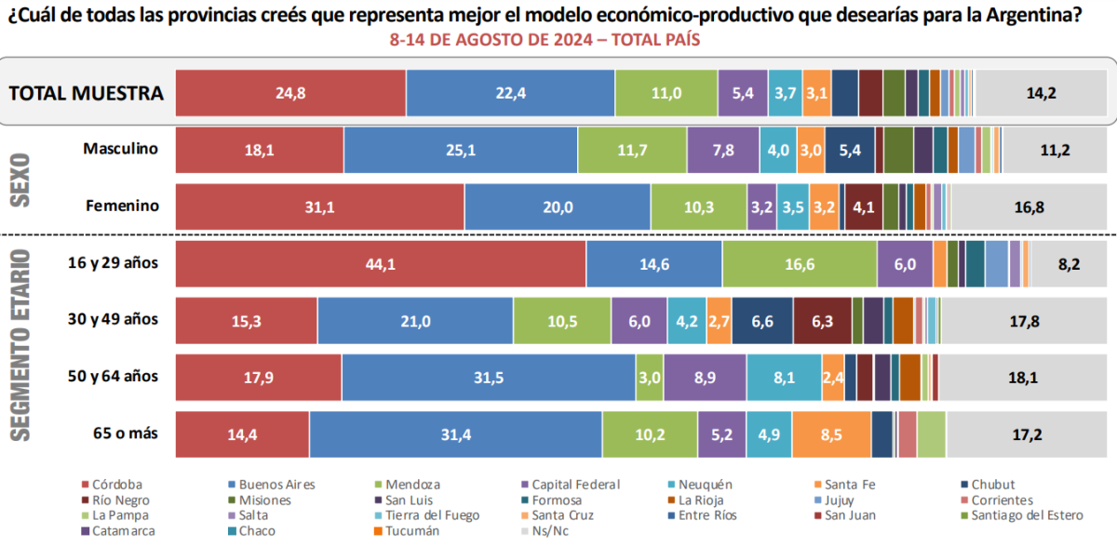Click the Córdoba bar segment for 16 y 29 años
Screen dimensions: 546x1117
pos(381,263)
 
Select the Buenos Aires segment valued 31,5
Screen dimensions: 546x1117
pos(489,378)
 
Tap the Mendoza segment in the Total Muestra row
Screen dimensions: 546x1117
pos(666,93)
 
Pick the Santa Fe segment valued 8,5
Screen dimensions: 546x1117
pos(832,434)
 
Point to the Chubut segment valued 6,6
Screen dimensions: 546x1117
pos(762,321)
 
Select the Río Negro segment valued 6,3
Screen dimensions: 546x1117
pos(822,321)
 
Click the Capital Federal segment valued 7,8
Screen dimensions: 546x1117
pos(723,150)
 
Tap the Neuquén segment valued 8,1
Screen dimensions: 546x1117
pos(784,378)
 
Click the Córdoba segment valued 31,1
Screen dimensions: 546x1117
pos(320,206)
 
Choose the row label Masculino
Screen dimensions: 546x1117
pos(120,149)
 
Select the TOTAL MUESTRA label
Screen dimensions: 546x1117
pos(87,93)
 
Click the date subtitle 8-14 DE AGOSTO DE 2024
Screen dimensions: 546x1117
pos(545,41)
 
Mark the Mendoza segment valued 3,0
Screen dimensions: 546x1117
pos(650,378)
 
